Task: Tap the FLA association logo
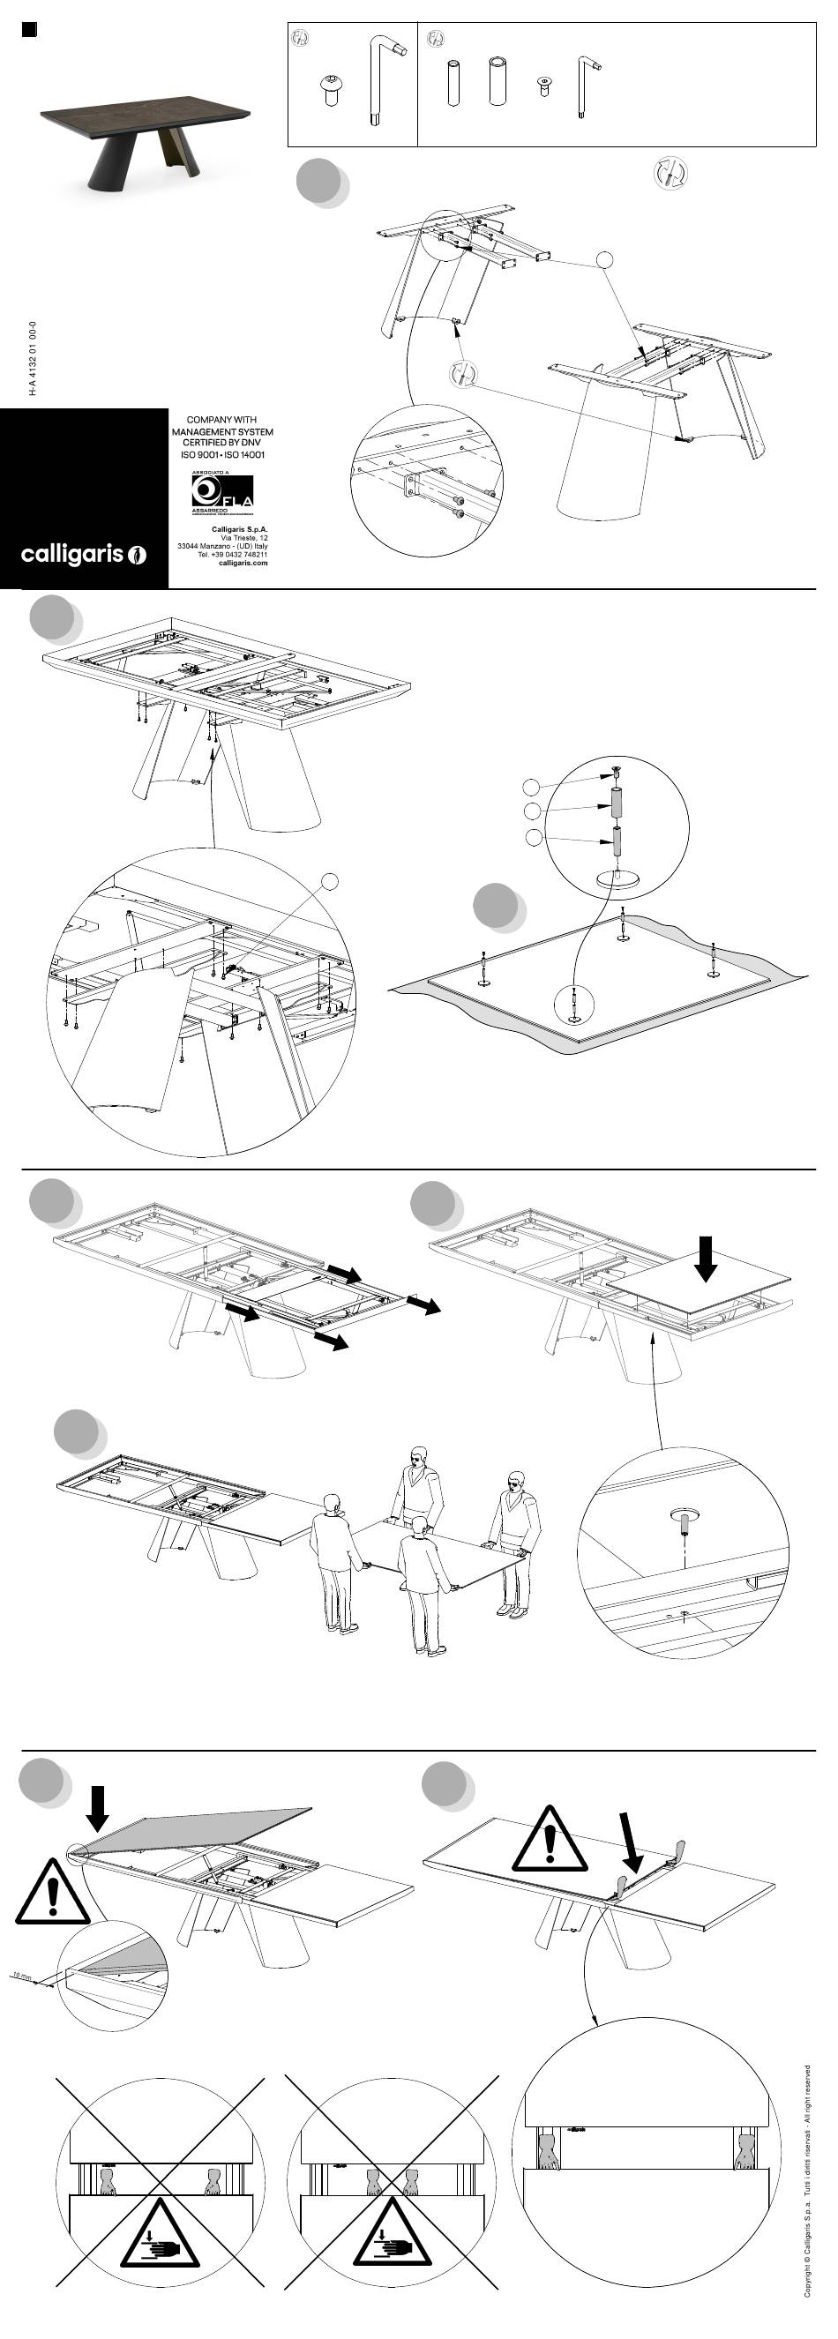tap(221, 494)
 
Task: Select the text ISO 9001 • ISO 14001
tap(222, 455)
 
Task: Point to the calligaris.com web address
tap(243, 563)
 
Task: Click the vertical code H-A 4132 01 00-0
tap(33, 358)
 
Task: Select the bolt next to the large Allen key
tap(330, 90)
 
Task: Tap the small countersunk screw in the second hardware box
tap(544, 86)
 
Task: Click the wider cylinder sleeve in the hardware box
tap(497, 81)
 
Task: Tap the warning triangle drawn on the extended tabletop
tap(550, 1839)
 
